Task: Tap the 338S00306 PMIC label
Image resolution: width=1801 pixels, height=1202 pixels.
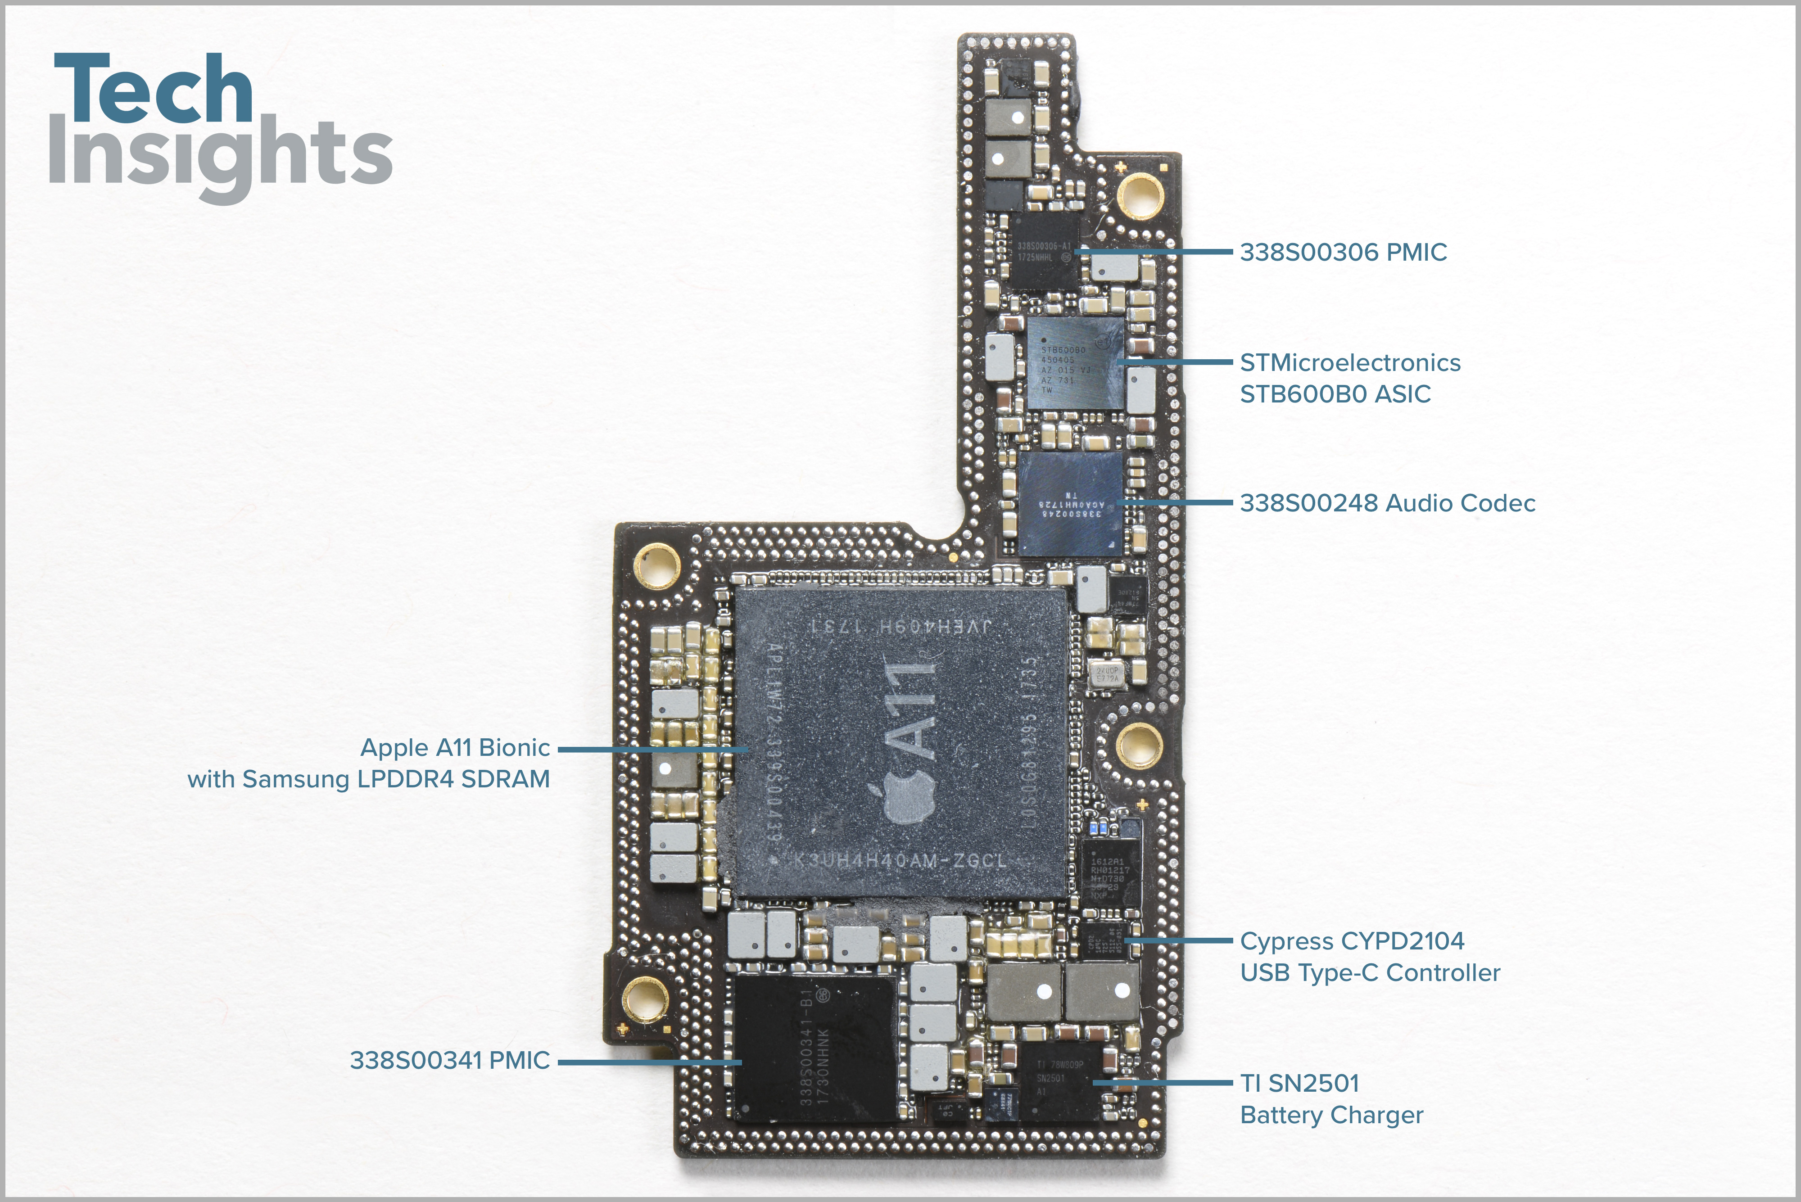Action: coord(1343,252)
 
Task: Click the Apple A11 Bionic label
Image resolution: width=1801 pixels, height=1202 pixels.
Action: coord(455,747)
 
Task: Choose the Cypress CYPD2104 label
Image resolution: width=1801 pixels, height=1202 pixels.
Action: coord(1352,941)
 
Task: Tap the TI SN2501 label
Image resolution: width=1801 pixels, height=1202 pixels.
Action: coord(1299,1083)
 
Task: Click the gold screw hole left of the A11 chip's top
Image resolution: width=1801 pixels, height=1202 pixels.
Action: coord(656,566)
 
